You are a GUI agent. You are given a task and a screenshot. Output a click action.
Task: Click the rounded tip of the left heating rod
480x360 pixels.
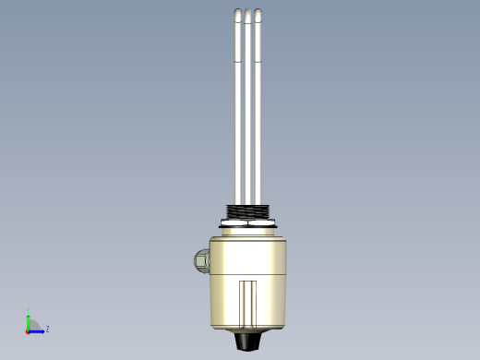(237, 14)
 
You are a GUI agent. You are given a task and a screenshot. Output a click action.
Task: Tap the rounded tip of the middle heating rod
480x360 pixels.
(247, 14)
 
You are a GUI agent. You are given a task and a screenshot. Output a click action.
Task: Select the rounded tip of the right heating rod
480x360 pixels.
(258, 14)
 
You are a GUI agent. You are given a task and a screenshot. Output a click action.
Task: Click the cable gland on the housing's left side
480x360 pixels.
(200, 260)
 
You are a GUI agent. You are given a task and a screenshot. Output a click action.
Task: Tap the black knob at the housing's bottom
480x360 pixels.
(247, 341)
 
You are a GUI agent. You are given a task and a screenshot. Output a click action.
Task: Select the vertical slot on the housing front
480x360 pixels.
(247, 303)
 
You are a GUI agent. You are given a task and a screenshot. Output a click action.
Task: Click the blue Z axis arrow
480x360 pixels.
(39, 330)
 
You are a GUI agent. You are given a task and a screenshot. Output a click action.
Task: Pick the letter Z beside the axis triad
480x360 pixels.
(47, 329)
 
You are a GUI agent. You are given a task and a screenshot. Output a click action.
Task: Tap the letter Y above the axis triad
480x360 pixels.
(28, 312)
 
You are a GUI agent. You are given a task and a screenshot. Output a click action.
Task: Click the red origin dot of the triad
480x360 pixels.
(29, 330)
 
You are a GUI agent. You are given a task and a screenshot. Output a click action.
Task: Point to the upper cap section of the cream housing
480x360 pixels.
(247, 244)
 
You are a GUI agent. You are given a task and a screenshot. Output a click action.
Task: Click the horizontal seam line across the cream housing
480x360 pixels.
(247, 274)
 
